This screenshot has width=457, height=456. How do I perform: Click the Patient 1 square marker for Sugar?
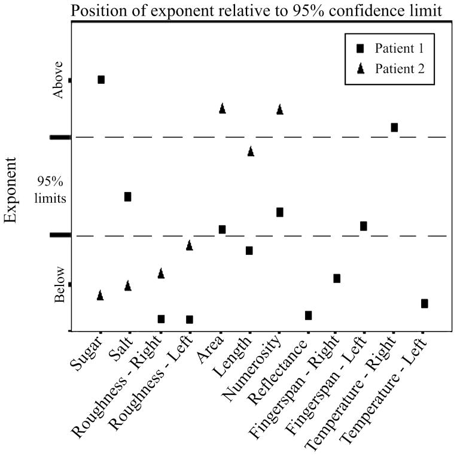pos(101,80)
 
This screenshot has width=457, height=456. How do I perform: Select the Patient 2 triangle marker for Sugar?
pos(100,295)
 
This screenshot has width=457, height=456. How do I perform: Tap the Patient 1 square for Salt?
pos(127,197)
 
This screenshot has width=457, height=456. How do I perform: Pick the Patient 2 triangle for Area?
pos(222,108)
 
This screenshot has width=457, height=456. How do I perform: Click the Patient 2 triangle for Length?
pos(251,151)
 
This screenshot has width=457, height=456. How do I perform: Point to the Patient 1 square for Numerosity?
pos(279,212)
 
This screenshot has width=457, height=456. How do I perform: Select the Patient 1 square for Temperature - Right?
pos(394,127)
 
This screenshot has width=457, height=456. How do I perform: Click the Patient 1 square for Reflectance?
pos(308,315)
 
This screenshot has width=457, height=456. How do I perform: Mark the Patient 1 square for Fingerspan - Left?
pos(363,226)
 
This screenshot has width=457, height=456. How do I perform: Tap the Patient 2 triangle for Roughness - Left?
pos(189,245)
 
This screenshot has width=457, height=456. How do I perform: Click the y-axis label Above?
pos(58,80)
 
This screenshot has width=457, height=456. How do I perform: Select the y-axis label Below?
pos(58,290)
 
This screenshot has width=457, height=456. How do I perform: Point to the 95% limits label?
pos(51,190)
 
